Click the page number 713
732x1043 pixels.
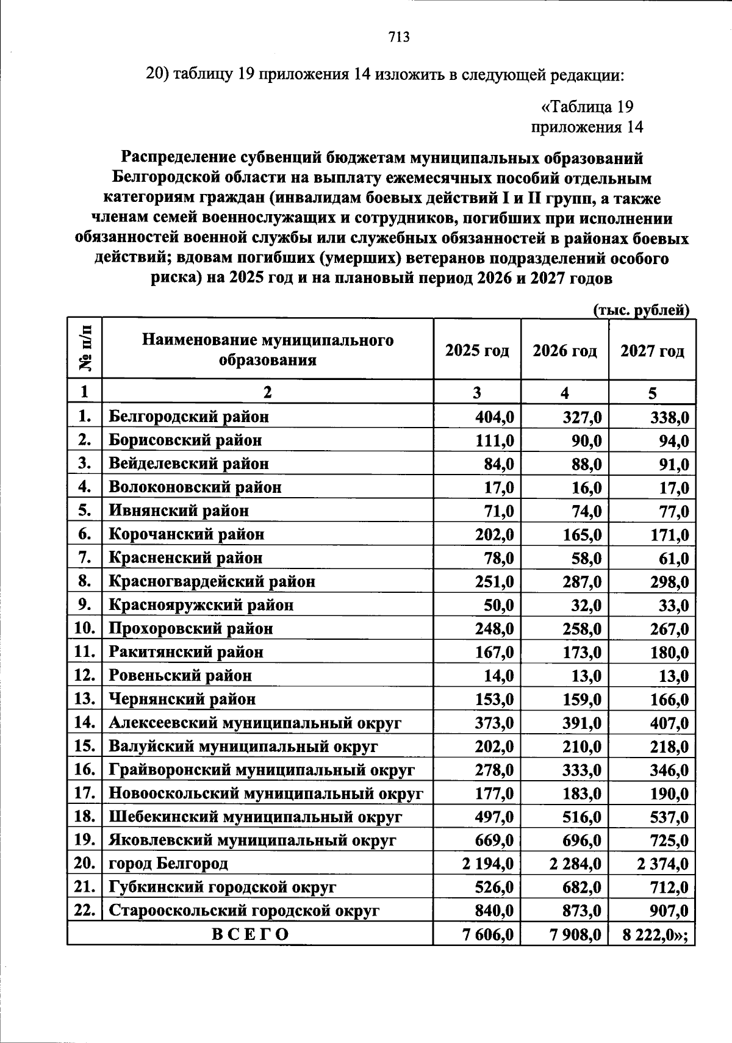(399, 37)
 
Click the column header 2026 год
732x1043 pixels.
(564, 351)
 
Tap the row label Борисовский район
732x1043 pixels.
(185, 440)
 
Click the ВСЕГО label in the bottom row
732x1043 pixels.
(250, 934)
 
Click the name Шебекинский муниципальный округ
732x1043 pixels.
(255, 817)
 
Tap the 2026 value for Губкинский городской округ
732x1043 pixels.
(583, 887)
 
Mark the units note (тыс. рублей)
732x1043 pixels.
(641, 310)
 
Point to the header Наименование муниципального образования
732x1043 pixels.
(268, 349)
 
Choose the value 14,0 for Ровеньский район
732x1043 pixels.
(498, 676)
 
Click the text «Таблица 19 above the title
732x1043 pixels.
(587, 107)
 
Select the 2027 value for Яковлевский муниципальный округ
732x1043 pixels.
(669, 840)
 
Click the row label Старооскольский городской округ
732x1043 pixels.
(244, 911)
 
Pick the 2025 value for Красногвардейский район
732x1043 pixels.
(495, 582)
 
